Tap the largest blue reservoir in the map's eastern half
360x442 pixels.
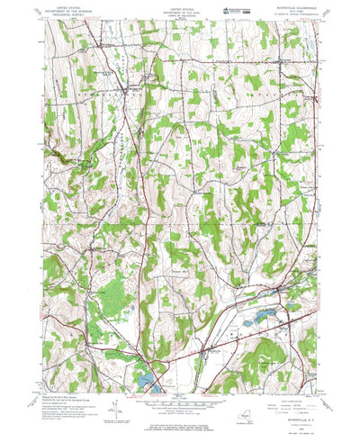[267, 318]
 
